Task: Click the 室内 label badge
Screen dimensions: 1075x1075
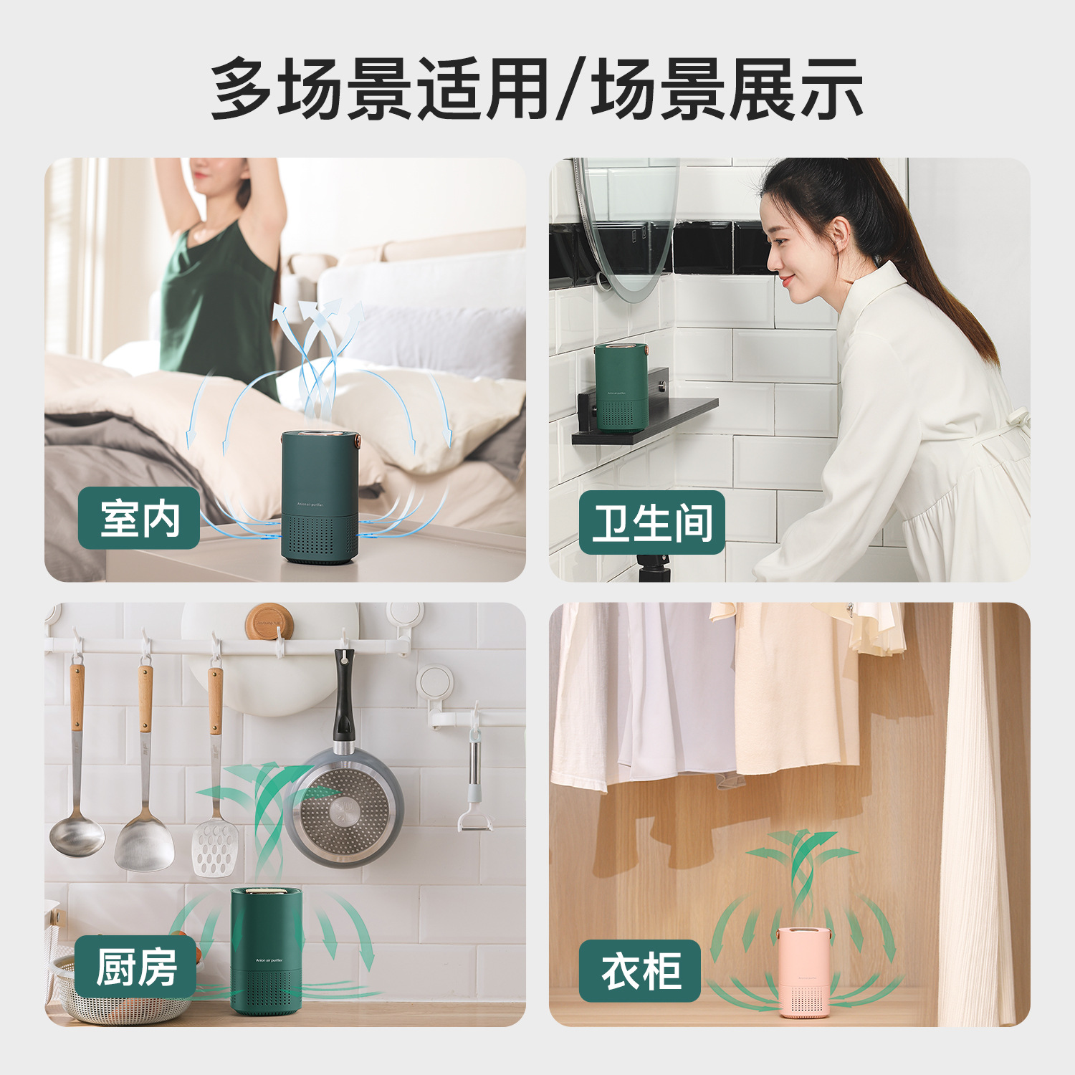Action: [x=138, y=518]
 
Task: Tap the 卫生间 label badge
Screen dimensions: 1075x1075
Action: [x=651, y=522]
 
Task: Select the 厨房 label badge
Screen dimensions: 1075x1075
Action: [x=135, y=967]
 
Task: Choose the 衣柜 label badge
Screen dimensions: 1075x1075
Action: [x=640, y=971]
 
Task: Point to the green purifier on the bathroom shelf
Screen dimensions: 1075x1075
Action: [x=621, y=387]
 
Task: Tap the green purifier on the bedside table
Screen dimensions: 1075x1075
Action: [x=320, y=497]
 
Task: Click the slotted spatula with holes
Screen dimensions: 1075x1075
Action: [x=215, y=846]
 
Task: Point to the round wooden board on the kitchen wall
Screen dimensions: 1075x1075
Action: [x=269, y=622]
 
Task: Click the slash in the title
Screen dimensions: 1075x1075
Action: [x=568, y=89]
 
